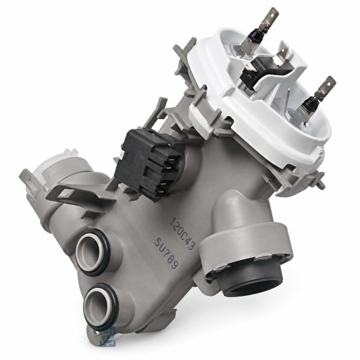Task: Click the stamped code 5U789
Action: [x=166, y=253]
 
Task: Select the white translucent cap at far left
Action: [x=57, y=166]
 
